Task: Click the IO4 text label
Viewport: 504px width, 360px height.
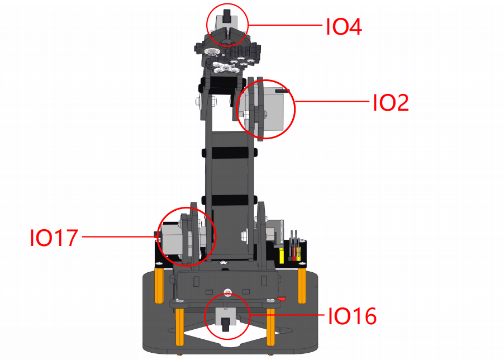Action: [x=344, y=27]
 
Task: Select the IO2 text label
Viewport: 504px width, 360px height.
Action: [x=391, y=103]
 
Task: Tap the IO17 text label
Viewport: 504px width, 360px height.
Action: [x=54, y=238]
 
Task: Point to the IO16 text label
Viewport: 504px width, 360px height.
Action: [x=352, y=316]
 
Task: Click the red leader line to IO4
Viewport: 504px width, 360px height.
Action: [x=285, y=25]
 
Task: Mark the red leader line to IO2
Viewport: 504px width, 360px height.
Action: [x=332, y=102]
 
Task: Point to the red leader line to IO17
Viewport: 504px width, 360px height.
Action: [x=120, y=237]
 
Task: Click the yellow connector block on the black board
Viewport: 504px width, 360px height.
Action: [x=282, y=256]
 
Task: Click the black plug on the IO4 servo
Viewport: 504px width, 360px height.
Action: [x=227, y=16]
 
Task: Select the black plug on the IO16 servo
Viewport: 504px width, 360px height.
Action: [x=227, y=325]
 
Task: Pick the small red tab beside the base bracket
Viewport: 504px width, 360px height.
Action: [x=282, y=299]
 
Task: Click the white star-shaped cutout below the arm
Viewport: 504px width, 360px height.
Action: [x=224, y=263]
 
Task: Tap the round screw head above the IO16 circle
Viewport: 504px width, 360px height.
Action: [x=228, y=292]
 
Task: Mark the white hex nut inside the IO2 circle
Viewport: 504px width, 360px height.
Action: [x=247, y=115]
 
